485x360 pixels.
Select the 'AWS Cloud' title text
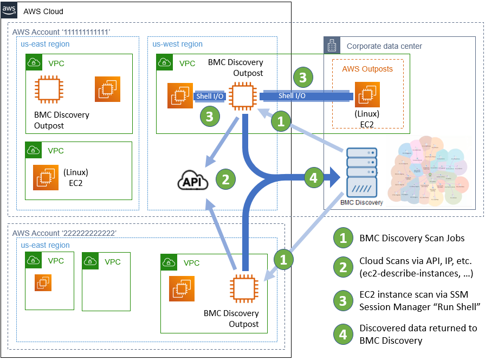pyautogui.click(x=43, y=11)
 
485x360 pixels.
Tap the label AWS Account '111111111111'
pyautogui.click(x=61, y=33)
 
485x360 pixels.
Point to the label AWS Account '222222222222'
pyautogui.click(x=64, y=233)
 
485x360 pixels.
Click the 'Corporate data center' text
pyautogui.click(x=384, y=46)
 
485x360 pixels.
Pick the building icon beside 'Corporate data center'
pyautogui.click(x=332, y=46)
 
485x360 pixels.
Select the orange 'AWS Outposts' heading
pyautogui.click(x=367, y=69)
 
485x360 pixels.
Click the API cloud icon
pyautogui.click(x=193, y=181)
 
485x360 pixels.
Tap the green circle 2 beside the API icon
pyautogui.click(x=227, y=178)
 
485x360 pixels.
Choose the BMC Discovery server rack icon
pyautogui.click(x=362, y=170)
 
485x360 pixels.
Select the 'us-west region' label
pyautogui.click(x=177, y=44)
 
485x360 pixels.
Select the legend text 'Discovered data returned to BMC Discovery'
pyautogui.click(x=418, y=333)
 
